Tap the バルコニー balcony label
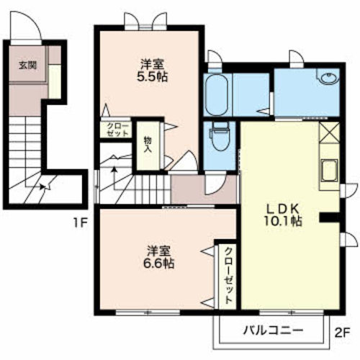[x=272, y=330]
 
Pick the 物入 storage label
[x=147, y=145]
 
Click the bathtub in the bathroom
[x=217, y=96]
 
